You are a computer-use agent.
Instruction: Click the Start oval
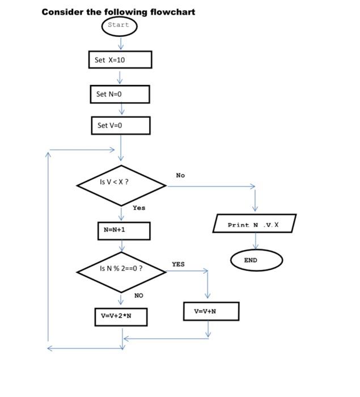[x=119, y=26]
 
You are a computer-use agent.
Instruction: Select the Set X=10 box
[x=120, y=60]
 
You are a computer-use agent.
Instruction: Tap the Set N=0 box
[x=120, y=94]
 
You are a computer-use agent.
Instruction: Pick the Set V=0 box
[x=121, y=125]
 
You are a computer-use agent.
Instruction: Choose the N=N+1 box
[x=123, y=230]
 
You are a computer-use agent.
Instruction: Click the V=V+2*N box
[x=121, y=316]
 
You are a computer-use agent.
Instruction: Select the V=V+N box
[x=211, y=311]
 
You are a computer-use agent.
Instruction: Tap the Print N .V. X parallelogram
[x=254, y=224]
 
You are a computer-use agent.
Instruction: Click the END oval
[x=256, y=260]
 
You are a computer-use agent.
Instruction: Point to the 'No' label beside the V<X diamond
[x=180, y=175]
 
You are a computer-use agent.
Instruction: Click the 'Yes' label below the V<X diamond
[x=139, y=208]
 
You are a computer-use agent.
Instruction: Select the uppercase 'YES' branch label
[x=178, y=264]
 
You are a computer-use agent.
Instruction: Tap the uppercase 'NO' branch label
[x=139, y=295]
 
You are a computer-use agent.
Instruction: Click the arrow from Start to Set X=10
[x=120, y=44]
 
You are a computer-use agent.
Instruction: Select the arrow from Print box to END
[x=256, y=241]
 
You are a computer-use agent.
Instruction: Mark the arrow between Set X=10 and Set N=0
[x=120, y=77]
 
